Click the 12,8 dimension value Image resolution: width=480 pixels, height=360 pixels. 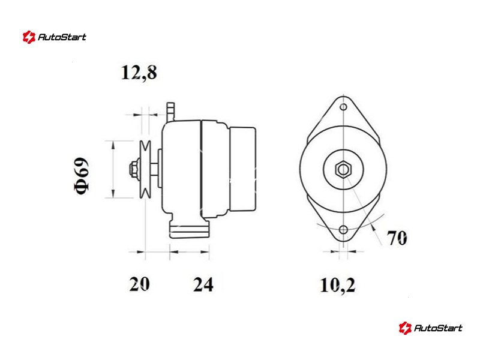(x=139, y=73)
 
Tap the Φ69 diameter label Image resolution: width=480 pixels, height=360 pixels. (x=82, y=176)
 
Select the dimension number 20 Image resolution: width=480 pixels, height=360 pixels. (x=140, y=284)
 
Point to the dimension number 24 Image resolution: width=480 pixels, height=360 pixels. (x=203, y=284)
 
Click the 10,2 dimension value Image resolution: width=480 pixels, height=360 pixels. (x=338, y=285)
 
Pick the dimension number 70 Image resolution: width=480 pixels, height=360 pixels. (x=397, y=238)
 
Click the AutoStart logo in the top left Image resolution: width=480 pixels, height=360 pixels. (x=55, y=37)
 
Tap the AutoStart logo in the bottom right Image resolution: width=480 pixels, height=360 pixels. (x=431, y=328)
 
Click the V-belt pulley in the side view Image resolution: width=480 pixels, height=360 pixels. (x=145, y=169)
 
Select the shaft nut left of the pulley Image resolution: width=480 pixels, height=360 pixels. (x=133, y=169)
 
